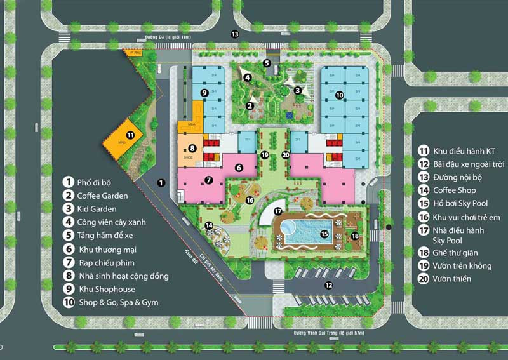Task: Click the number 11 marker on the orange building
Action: click(x=130, y=135)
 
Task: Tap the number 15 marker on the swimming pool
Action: click(x=324, y=234)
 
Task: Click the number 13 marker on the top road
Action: click(x=235, y=34)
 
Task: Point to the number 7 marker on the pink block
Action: click(x=208, y=180)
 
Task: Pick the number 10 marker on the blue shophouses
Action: click(x=340, y=95)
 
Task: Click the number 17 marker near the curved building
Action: click(x=277, y=210)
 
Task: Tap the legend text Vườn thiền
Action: click(x=453, y=279)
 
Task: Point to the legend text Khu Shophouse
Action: click(x=106, y=289)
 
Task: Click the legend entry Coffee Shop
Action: click(x=454, y=190)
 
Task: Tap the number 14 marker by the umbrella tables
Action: click(x=209, y=225)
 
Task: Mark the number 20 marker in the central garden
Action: click(x=285, y=154)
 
